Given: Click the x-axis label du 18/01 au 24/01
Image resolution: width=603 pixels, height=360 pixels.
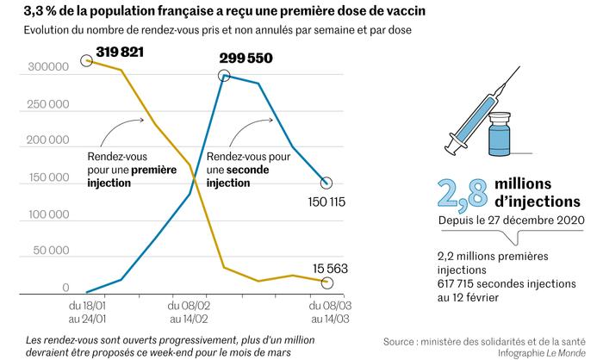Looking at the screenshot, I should [88, 310].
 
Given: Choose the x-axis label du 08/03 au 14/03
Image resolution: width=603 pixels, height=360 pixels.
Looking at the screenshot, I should [327, 310].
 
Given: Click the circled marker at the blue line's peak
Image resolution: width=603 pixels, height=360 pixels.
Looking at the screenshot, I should [225, 76].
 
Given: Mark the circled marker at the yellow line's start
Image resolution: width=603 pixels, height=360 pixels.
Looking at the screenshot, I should [85, 60].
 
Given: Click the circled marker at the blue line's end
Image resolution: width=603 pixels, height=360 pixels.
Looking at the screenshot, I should [326, 183].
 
